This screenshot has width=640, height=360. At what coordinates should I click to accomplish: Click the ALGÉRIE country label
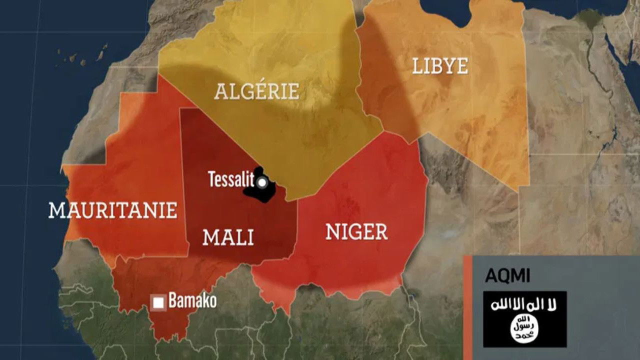(257, 92)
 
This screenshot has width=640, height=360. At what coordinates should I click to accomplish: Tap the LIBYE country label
(440, 66)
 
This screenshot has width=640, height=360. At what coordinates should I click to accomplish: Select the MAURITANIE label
(113, 210)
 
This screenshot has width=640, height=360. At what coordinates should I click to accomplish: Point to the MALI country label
(228, 237)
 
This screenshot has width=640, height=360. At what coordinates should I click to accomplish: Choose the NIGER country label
(356, 232)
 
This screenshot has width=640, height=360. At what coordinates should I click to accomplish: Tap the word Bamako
(192, 301)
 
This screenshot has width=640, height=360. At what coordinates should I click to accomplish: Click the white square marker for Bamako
(159, 302)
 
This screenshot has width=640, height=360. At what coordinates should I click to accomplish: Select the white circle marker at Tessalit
(262, 183)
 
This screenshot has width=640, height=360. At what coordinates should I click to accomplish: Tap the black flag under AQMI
(524, 319)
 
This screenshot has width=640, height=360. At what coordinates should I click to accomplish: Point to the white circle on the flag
(524, 328)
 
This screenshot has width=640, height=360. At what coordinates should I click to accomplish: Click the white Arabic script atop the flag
(524, 304)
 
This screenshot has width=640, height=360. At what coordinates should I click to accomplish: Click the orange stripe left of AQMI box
(467, 307)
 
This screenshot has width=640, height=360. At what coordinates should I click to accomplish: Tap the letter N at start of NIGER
(332, 232)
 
